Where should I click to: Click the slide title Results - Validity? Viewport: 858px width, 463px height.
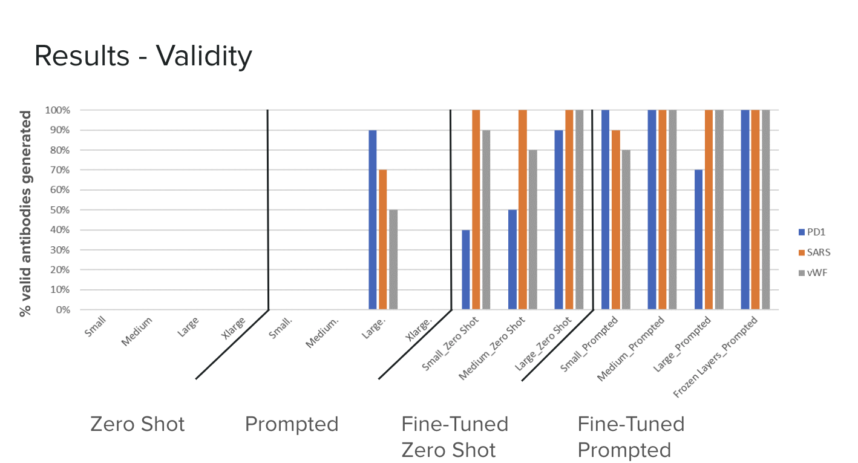pos(143,56)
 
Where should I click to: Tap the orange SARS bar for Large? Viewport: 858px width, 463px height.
pos(382,240)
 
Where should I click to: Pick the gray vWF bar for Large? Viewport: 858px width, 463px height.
pos(393,260)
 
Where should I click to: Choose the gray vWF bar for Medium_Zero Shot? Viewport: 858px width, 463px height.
pos(532,230)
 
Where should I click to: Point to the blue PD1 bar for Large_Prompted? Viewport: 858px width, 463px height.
pos(698,240)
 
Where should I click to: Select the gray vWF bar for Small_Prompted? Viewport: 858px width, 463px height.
pos(626,230)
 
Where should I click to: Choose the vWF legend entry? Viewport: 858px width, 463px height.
pos(811,272)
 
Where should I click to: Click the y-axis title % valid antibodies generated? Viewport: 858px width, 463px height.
pos(25,213)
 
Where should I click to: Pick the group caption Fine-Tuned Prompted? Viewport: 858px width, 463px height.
pos(630,436)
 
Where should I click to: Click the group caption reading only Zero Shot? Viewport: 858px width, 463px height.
pos(137,424)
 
